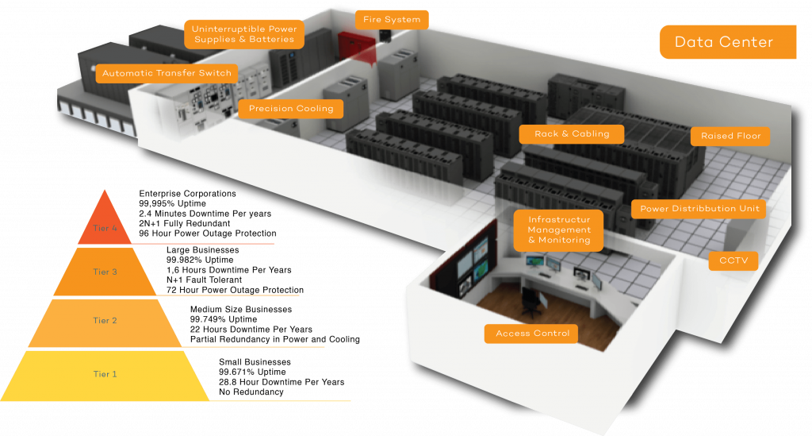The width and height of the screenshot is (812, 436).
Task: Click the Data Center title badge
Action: (x=727, y=42)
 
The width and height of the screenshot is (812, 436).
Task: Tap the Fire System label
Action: (x=392, y=19)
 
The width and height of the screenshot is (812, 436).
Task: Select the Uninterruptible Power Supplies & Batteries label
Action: (x=244, y=34)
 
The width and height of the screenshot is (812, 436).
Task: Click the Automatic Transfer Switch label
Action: (x=167, y=73)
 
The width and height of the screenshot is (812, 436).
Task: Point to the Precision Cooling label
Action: (x=291, y=109)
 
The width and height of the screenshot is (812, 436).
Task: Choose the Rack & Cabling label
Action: (x=572, y=134)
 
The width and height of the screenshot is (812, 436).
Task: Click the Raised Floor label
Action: (x=730, y=137)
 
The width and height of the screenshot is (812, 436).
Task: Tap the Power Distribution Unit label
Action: (x=699, y=210)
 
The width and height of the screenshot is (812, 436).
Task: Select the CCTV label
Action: (x=733, y=260)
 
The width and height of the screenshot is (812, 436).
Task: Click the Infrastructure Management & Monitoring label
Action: (x=559, y=230)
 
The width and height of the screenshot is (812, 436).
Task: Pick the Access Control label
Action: (x=532, y=334)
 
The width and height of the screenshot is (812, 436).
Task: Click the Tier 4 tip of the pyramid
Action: (x=105, y=222)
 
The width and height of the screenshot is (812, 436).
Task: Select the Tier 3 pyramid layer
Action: (x=105, y=272)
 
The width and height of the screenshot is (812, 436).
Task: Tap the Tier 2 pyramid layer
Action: (x=105, y=322)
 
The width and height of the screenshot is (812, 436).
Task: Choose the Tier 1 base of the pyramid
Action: (x=105, y=375)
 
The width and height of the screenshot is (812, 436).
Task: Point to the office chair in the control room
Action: (x=530, y=301)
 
